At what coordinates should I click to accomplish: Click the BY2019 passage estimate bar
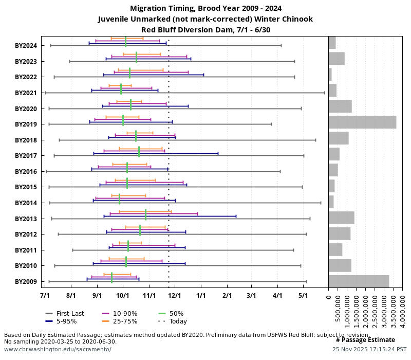click(x=362, y=122)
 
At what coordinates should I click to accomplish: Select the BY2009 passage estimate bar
click(x=359, y=281)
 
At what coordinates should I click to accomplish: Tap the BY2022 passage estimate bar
click(x=330, y=75)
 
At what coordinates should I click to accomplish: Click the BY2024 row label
click(x=26, y=46)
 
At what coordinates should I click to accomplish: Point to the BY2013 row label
click(x=26, y=219)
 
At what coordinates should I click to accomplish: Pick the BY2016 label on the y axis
click(x=26, y=172)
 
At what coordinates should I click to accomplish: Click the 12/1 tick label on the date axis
click(x=175, y=296)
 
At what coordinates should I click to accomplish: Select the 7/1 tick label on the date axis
click(x=45, y=296)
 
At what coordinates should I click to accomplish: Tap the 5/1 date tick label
click(x=303, y=296)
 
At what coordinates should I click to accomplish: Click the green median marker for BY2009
click(x=111, y=278)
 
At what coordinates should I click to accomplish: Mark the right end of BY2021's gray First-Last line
click(x=324, y=93)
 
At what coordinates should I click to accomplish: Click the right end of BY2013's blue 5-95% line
click(x=236, y=216)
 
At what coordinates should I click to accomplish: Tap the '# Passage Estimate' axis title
click(x=365, y=340)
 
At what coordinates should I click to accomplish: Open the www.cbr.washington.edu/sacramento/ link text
click(x=58, y=349)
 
